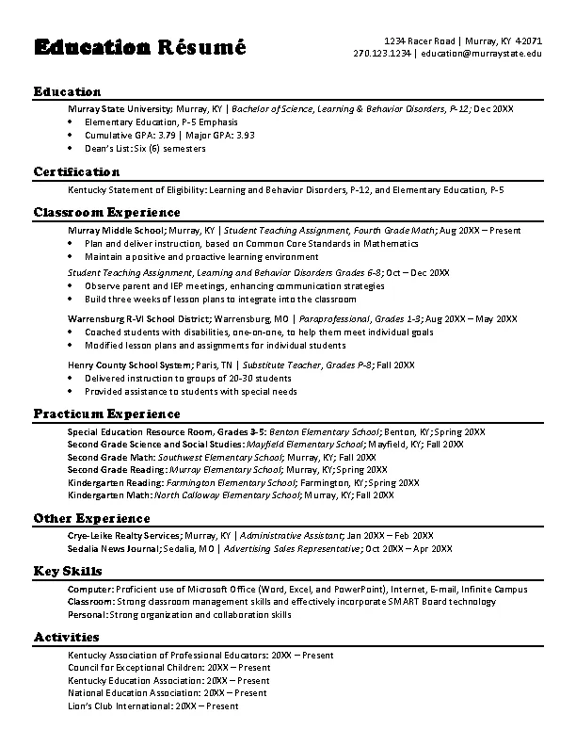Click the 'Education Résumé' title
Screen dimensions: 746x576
pyautogui.click(x=139, y=47)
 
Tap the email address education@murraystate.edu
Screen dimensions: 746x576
pyautogui.click(x=481, y=54)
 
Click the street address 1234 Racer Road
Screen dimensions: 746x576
pyautogui.click(x=420, y=41)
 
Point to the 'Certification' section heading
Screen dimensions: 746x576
pyautogui.click(x=76, y=172)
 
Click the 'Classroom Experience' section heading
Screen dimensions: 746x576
pyautogui.click(x=106, y=213)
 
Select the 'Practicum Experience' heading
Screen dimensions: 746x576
pyautogui.click(x=106, y=414)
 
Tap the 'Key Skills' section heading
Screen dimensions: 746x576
pyautogui.click(x=68, y=572)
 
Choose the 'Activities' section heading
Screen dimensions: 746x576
pyautogui.click(x=66, y=638)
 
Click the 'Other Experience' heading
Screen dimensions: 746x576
pyautogui.click(x=91, y=518)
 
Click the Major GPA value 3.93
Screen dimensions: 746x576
pyautogui.click(x=245, y=135)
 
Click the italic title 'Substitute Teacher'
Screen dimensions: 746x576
pyautogui.click(x=280, y=365)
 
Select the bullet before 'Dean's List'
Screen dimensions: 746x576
pyautogui.click(x=72, y=148)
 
